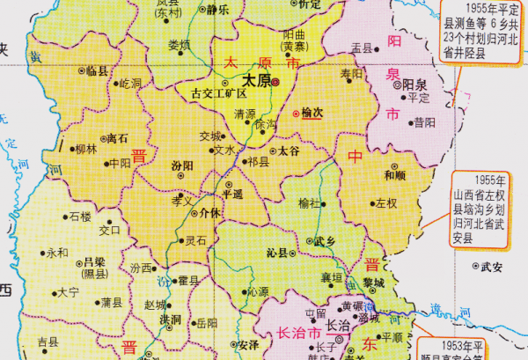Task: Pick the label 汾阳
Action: [183, 165]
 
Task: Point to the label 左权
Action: [386, 203]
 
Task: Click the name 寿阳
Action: [351, 74]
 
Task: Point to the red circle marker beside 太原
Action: [275, 81]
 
